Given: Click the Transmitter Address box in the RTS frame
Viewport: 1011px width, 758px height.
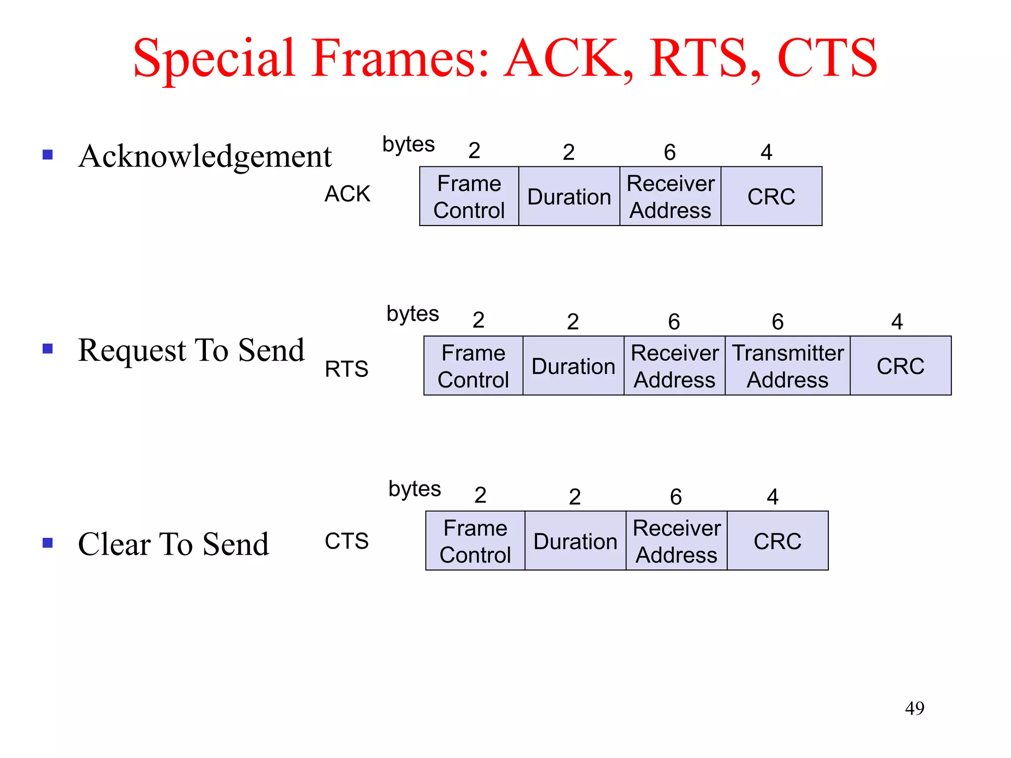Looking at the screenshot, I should (x=787, y=366).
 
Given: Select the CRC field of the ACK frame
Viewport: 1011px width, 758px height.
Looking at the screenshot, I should (x=771, y=196).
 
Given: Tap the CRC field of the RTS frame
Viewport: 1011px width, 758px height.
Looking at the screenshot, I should (x=900, y=366).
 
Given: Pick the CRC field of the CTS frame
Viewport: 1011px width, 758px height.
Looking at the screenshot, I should (x=778, y=541).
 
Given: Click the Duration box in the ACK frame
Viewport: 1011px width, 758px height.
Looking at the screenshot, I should (x=569, y=196).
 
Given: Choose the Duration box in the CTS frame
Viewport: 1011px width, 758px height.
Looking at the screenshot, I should (x=575, y=541).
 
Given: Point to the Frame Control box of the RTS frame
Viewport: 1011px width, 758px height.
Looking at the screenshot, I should (x=473, y=366).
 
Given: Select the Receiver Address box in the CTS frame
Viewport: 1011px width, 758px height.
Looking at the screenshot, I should (x=676, y=541).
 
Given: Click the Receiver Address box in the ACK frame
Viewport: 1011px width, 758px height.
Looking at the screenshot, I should (x=670, y=196).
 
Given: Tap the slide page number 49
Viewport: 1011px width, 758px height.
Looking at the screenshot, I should (x=914, y=708).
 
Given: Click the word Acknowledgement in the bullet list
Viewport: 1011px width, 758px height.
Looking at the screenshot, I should (x=205, y=156).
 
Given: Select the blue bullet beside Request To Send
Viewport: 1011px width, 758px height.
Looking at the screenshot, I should (x=48, y=349).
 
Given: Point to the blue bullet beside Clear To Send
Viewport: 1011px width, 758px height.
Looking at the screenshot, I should (x=48, y=543).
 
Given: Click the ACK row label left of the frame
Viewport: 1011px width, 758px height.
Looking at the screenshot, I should (x=347, y=193).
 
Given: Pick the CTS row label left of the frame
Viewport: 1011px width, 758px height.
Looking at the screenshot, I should (x=347, y=541).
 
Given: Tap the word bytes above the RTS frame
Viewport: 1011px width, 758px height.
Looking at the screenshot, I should (x=413, y=314).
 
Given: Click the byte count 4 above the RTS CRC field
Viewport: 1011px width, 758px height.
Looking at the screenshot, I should (x=897, y=322).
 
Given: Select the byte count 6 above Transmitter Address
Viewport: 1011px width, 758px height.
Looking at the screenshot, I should (x=778, y=322).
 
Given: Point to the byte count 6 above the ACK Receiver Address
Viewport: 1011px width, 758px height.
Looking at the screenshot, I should (x=669, y=152).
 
